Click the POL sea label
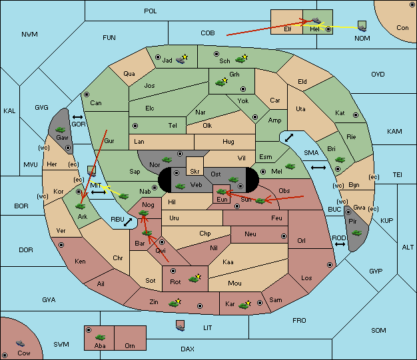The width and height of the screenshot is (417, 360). pyautogui.click(x=151, y=11)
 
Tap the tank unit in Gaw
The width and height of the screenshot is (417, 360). pyautogui.click(x=61, y=130)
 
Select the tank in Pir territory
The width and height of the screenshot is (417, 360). pyautogui.click(x=356, y=233)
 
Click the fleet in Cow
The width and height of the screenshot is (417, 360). pyautogui.click(x=20, y=343)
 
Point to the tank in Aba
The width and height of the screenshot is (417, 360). pyautogui.click(x=101, y=337)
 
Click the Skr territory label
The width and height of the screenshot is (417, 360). pyautogui.click(x=195, y=172)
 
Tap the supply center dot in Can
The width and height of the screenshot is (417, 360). pyautogui.click(x=87, y=94)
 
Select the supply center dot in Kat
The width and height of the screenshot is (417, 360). pyautogui.click(x=356, y=115)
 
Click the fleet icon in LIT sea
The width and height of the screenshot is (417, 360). pyautogui.click(x=181, y=325)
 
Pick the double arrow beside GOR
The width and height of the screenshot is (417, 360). pyautogui.click(x=78, y=117)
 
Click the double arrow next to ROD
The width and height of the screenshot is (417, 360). pyautogui.click(x=340, y=244)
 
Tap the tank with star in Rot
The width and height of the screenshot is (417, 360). pyautogui.click(x=195, y=278)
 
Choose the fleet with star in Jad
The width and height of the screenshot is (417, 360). pyautogui.click(x=182, y=59)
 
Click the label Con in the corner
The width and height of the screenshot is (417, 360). pyautogui.click(x=402, y=28)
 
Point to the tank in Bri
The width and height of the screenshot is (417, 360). pyautogui.click(x=340, y=160)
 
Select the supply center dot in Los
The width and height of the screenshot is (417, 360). pyautogui.click(x=330, y=265)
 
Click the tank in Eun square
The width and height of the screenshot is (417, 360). pyautogui.click(x=222, y=191)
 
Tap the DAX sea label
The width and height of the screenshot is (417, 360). pyautogui.click(x=187, y=349)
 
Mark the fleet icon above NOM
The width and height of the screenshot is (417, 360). pyautogui.click(x=362, y=27)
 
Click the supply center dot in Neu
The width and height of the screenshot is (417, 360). pyautogui.click(x=284, y=236)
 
